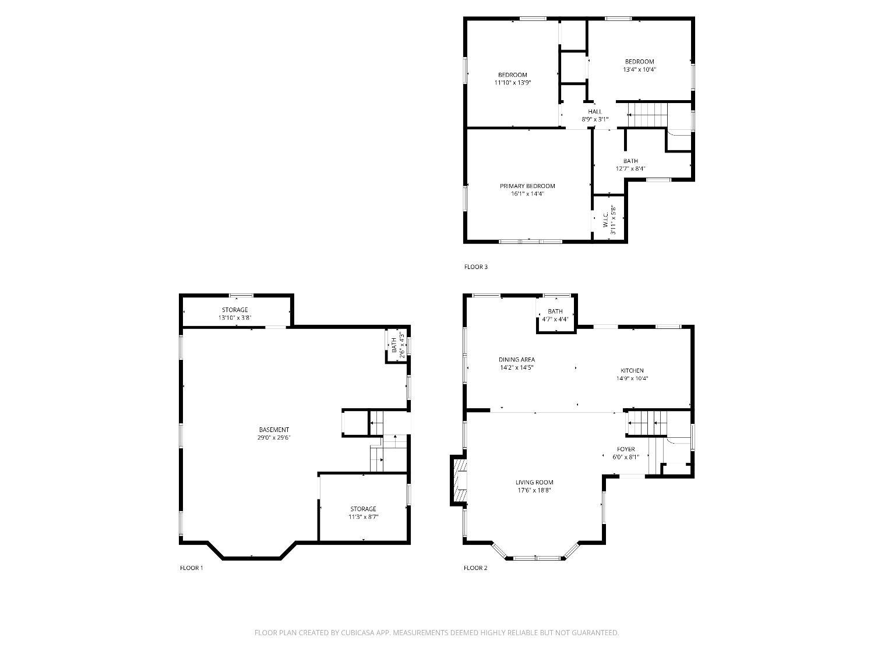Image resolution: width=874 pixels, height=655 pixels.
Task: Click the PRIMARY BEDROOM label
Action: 527,186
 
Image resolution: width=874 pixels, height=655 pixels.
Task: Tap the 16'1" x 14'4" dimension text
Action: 527,194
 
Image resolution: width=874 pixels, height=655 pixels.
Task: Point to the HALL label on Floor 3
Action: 595,112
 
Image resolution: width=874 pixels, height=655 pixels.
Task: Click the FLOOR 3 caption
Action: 476,267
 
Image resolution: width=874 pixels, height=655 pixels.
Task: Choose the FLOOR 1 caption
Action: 192,568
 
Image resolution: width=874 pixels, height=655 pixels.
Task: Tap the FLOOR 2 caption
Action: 475,568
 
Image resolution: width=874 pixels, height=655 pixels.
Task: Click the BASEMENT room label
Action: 274,430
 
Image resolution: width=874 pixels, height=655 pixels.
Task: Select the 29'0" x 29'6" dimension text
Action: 274,438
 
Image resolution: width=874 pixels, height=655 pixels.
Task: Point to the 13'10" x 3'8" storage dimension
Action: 235,318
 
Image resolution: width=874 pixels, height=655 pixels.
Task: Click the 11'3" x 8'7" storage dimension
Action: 363,517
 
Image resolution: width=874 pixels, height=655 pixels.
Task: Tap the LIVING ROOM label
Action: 534,483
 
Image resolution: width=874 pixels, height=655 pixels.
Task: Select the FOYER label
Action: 626,449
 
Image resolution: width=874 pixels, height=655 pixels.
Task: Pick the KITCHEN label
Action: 632,371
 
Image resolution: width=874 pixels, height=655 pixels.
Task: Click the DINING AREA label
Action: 517,359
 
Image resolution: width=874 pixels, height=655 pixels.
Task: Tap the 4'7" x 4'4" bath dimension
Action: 555,319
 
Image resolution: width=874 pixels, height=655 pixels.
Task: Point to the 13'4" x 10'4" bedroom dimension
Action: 639,70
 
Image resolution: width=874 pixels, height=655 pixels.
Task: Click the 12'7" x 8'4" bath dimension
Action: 630,169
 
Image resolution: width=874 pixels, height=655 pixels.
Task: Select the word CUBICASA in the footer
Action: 357,633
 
